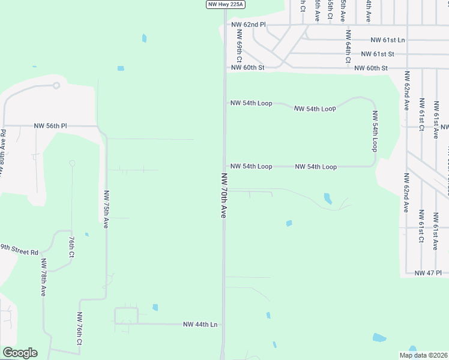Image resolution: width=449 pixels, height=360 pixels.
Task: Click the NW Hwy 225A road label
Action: (x=226, y=4)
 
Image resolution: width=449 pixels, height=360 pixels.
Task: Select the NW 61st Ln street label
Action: (x=388, y=40)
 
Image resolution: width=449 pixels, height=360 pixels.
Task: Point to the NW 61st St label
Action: (x=378, y=53)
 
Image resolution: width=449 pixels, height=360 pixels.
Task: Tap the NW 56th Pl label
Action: (x=50, y=126)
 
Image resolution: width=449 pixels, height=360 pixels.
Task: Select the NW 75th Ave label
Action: (x=106, y=208)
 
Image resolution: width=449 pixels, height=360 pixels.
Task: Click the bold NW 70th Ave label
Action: (x=224, y=195)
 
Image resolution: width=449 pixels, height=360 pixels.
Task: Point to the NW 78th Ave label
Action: (x=43, y=278)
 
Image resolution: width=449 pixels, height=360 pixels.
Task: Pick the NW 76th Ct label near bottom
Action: (x=79, y=329)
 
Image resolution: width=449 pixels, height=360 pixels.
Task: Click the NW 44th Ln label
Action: (x=200, y=324)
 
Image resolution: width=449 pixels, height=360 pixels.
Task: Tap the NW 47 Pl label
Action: (x=428, y=272)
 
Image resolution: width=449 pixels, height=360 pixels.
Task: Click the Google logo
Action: (x=19, y=353)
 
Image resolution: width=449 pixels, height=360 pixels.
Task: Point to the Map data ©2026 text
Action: (x=423, y=355)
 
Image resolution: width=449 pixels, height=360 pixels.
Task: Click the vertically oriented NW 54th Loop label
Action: (x=375, y=131)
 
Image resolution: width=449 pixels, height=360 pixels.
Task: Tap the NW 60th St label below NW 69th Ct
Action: (x=247, y=68)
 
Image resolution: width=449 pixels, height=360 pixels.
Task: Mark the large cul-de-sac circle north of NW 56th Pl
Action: (x=56, y=85)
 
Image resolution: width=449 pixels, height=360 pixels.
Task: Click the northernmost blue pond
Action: (x=144, y=38)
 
